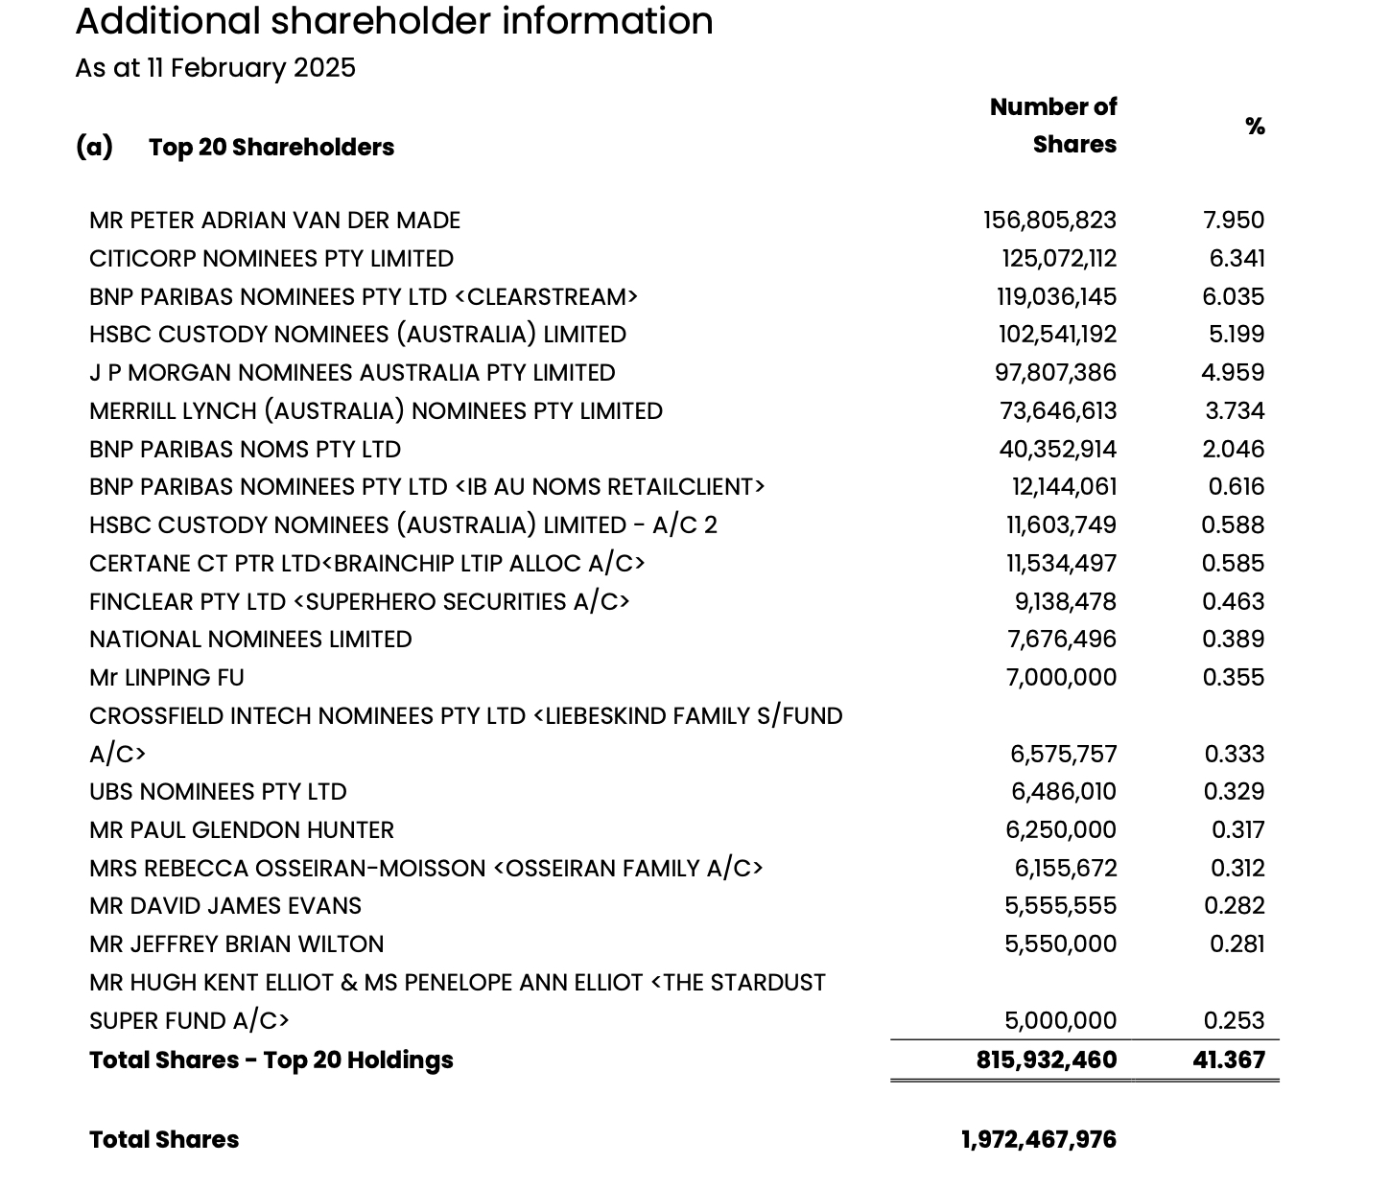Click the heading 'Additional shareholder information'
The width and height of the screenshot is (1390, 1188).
tap(394, 21)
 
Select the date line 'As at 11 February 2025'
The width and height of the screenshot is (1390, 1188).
tap(216, 68)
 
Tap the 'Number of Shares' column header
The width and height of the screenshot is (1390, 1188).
tap(1053, 126)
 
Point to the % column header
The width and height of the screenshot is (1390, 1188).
tap(1255, 126)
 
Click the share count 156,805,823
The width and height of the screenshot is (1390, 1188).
tap(1049, 221)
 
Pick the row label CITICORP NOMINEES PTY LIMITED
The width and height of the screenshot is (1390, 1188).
tap(271, 259)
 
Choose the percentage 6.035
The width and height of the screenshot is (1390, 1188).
tap(1233, 297)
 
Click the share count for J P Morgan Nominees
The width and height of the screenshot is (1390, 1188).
tap(1055, 373)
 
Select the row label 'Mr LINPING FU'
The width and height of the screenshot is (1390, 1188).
tap(167, 678)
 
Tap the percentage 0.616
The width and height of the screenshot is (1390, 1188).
tap(1236, 487)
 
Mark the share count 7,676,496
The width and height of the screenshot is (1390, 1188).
tap(1061, 640)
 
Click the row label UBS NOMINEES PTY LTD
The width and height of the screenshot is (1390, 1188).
tap(218, 792)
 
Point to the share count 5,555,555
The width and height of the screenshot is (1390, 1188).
tap(1060, 906)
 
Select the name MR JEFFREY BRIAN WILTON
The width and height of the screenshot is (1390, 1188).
tap(236, 944)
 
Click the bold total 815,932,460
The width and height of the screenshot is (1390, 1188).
tap(1047, 1060)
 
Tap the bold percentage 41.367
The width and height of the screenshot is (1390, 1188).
tap(1229, 1060)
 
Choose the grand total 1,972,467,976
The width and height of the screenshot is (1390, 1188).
tap(1039, 1140)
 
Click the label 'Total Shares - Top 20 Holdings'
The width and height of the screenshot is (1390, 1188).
tap(271, 1060)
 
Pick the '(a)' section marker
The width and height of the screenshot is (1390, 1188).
tap(94, 147)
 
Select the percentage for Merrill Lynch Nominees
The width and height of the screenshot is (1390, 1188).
tap(1235, 411)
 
